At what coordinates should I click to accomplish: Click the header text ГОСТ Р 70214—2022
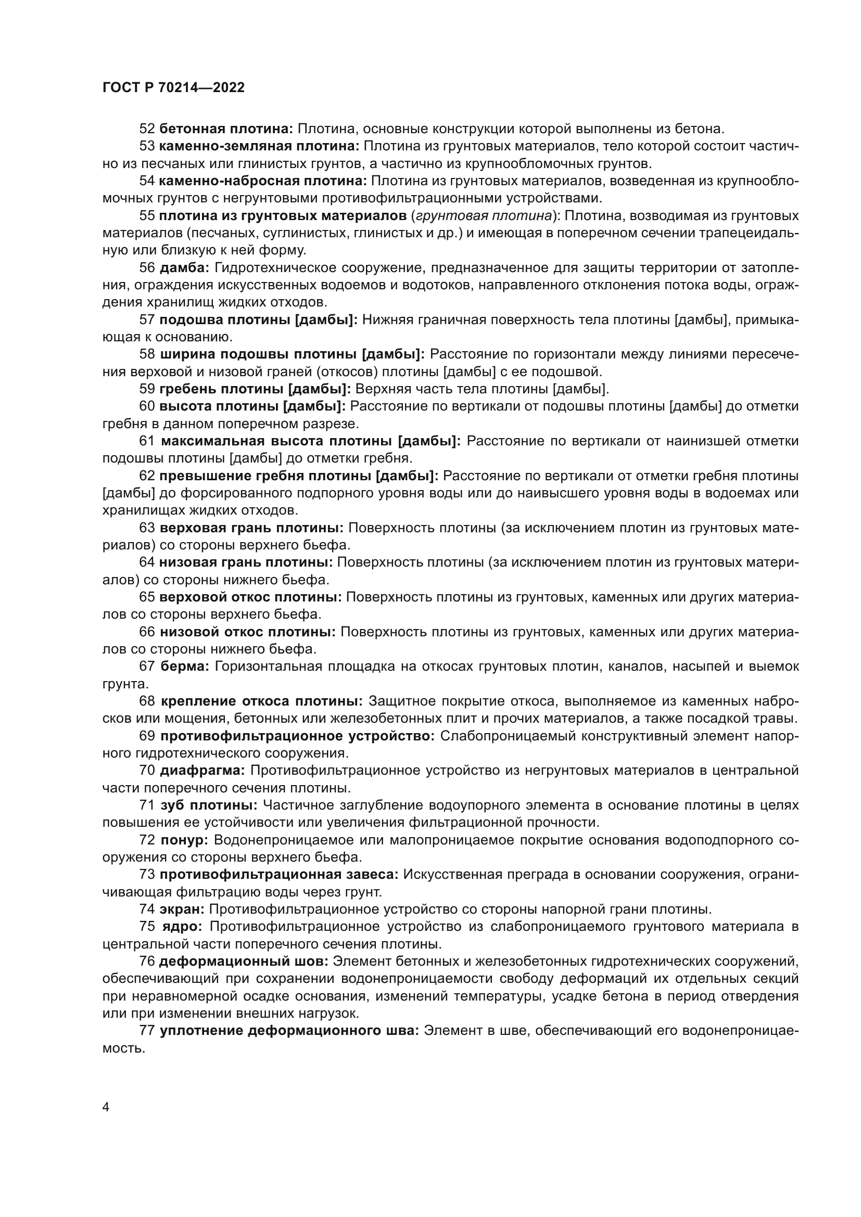pos(173,88)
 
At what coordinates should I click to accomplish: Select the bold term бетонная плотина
pos(226,129)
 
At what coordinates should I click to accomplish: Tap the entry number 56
pos(147,267)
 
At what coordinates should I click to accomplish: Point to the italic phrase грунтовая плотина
pos(483,216)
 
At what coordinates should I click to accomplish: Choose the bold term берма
pos(185,667)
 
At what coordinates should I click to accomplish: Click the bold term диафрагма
pos(202,770)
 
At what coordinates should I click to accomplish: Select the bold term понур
pos(184,840)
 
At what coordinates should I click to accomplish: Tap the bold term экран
pos(182,909)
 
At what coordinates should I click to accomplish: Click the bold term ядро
pos(181,927)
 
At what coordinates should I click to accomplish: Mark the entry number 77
pos(147,1030)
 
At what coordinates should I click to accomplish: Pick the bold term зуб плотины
pos(209,805)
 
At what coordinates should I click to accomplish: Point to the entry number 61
pos(147,441)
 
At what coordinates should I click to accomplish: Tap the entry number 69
pos(147,736)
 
